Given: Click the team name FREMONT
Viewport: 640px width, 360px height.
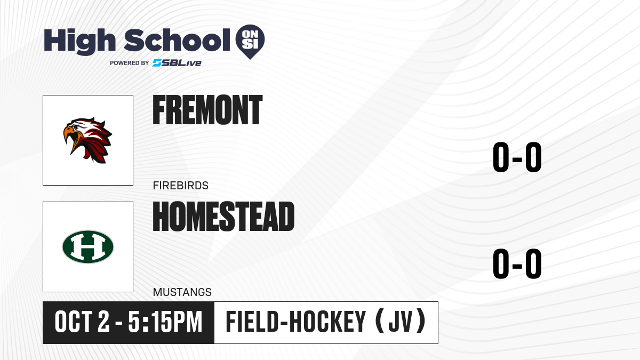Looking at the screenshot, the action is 207,110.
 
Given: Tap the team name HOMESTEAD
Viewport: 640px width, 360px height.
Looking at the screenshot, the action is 223,217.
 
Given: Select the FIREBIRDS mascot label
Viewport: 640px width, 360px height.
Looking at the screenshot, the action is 181,186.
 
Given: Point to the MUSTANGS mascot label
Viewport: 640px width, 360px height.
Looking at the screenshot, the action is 182,292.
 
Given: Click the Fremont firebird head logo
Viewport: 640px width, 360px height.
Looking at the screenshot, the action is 87,140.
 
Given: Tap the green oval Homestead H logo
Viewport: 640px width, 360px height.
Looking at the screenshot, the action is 88,247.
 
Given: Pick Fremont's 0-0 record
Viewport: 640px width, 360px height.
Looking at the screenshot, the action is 517,157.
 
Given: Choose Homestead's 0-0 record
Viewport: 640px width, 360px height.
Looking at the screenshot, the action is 517,263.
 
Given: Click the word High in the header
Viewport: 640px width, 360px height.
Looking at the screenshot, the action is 79,42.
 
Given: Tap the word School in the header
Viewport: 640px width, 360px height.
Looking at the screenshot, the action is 177,41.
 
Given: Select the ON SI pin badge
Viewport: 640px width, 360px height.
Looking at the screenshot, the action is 250,42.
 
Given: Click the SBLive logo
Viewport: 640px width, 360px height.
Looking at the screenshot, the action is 177,63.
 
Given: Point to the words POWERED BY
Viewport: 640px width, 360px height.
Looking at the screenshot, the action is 130,63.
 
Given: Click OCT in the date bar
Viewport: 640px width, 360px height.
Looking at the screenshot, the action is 73,322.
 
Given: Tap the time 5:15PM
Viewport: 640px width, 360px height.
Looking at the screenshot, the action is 165,322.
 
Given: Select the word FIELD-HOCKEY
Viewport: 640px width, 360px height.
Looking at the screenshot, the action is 295,322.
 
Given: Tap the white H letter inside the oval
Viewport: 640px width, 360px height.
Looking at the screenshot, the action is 88,247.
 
